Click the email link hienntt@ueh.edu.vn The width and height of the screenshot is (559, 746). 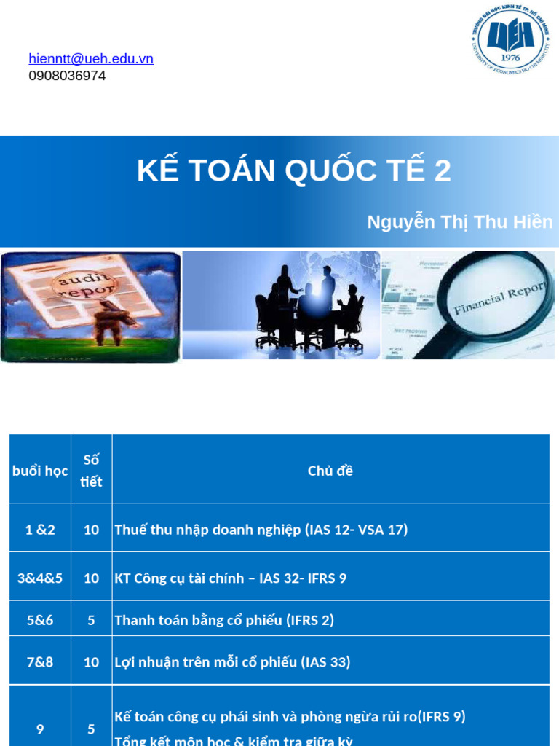coord(91,59)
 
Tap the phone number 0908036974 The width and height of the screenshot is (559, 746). coord(67,76)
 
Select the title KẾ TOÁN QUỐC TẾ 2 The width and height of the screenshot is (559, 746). coord(294,170)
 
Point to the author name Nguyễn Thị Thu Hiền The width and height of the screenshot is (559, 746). coord(459,222)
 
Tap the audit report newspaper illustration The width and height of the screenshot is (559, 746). coord(90,306)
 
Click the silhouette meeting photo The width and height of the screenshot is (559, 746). coord(281,305)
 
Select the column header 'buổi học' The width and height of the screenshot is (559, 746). coord(40,471)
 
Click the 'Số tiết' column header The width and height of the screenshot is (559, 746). coord(91,471)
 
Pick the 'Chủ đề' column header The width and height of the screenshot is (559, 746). coord(330,471)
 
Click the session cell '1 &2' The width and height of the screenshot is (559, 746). coord(40,530)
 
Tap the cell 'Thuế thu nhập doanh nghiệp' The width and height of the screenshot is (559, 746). coord(261,530)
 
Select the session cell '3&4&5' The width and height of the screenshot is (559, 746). coord(40,578)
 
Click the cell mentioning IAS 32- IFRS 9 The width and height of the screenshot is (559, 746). coord(231,578)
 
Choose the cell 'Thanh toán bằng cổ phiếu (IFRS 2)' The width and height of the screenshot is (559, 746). coord(224,620)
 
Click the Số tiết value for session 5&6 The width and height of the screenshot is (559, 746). coord(91,620)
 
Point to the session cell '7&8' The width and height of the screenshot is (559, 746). coord(40,662)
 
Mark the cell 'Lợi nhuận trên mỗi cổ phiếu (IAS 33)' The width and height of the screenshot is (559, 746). coord(232,662)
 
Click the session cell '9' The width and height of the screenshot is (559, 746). coord(40,729)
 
